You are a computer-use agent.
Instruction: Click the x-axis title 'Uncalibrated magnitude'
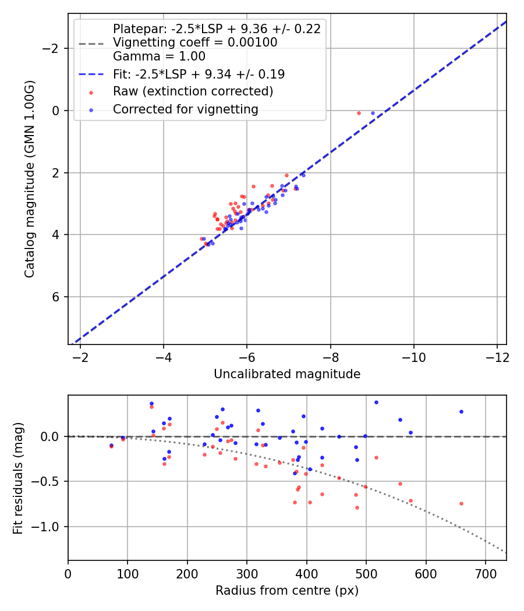(286, 374)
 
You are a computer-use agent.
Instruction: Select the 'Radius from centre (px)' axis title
(286, 591)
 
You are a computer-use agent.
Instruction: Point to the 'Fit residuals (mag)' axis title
(18, 478)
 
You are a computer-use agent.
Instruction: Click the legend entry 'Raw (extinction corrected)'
(193, 91)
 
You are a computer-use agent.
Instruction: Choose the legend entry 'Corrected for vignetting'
(185, 109)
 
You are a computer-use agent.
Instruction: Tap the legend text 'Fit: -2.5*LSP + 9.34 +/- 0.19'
(199, 74)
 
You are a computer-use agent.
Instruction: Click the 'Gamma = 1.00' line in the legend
(159, 56)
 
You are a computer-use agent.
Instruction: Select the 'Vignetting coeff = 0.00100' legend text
(195, 42)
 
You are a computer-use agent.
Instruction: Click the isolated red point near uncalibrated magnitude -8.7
(359, 113)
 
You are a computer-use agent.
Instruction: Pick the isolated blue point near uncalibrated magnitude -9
(373, 113)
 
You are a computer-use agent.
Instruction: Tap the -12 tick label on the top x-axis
(497, 356)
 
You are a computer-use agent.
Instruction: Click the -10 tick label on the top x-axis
(413, 356)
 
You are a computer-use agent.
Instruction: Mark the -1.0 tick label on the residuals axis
(50, 527)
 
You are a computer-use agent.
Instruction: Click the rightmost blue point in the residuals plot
(461, 411)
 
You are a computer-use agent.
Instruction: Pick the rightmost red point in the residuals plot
(461, 503)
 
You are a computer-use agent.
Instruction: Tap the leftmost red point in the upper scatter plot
(201, 239)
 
